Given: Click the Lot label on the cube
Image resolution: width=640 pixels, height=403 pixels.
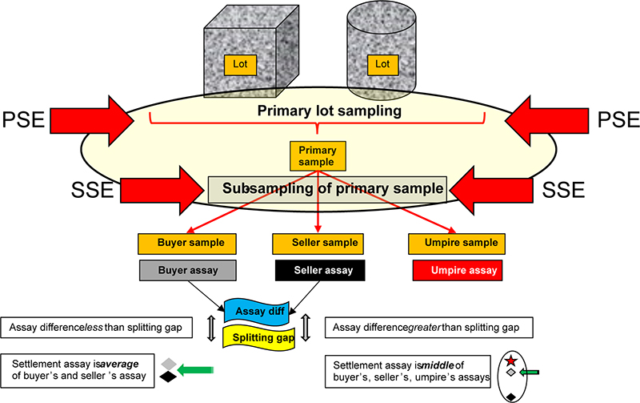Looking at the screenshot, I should (240, 62).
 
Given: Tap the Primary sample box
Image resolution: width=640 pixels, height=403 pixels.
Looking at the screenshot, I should (318, 155).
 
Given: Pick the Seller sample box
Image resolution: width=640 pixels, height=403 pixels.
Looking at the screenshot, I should (318, 242).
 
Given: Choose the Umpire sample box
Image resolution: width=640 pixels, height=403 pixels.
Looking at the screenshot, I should (454, 242).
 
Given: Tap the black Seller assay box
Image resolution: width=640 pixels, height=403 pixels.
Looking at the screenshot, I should (318, 271).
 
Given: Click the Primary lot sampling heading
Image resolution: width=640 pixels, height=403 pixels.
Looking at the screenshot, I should (328, 111).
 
